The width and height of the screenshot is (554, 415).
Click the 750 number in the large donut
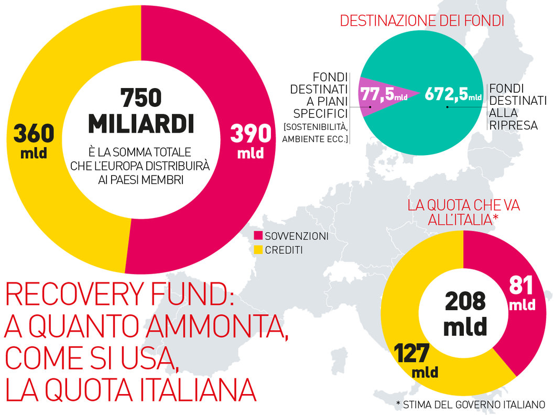(x=140, y=97)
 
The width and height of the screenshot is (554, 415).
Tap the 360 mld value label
(x=34, y=139)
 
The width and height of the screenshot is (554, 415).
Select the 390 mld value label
(x=251, y=140)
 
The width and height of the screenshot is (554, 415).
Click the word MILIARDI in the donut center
(x=140, y=123)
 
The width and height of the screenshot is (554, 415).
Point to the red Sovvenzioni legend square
(x=258, y=236)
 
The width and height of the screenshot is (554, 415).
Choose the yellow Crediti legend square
(x=258, y=250)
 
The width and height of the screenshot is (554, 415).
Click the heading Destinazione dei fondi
(x=422, y=21)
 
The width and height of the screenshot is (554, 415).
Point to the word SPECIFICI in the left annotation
(x=321, y=113)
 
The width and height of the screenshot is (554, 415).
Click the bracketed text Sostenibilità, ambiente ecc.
(x=316, y=133)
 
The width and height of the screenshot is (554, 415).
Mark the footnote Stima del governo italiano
(x=471, y=405)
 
